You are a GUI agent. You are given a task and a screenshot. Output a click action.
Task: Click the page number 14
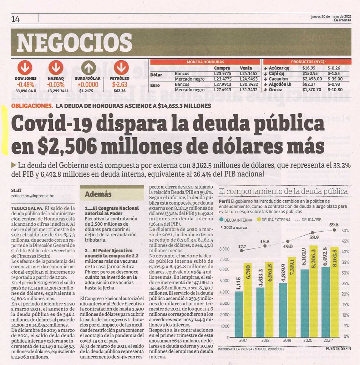pyautogui.click(x=15, y=19)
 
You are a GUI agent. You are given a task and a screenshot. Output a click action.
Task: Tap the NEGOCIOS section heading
pyautogui.click(x=74, y=42)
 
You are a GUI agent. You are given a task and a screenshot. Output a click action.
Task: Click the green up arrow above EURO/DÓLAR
pyautogui.click(x=88, y=68)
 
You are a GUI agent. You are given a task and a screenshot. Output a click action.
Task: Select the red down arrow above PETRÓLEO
pyautogui.click(x=121, y=68)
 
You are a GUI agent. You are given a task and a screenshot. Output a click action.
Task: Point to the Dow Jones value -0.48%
pyautogui.click(x=26, y=84)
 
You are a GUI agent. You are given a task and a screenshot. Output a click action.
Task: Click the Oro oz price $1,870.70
pyautogui.click(x=311, y=89)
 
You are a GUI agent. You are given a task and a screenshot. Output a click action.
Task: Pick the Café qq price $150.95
pyautogui.click(x=310, y=73)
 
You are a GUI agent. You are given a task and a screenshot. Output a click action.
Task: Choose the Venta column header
pyautogui.click(x=246, y=68)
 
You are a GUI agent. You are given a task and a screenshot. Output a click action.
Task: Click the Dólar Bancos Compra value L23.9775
pyautogui.click(x=223, y=73)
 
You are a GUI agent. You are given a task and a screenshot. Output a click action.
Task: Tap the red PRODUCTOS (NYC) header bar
pyautogui.click(x=307, y=62)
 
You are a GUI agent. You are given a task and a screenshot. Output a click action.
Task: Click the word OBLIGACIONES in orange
pyautogui.click(x=32, y=106)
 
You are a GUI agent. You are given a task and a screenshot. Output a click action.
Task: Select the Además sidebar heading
pyautogui.click(x=98, y=194)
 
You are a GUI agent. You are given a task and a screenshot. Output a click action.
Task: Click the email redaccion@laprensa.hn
pyautogui.click(x=33, y=196)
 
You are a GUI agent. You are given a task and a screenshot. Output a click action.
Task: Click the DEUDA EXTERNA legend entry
pyautogui.click(x=274, y=220)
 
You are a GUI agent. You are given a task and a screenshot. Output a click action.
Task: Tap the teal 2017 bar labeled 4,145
pyautogui.click(x=239, y=314)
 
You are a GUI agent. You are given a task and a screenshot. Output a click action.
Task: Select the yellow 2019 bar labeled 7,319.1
pyautogui.click(x=291, y=297)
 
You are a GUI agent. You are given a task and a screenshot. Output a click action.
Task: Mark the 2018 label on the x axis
pyautogui.click(x=265, y=340)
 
